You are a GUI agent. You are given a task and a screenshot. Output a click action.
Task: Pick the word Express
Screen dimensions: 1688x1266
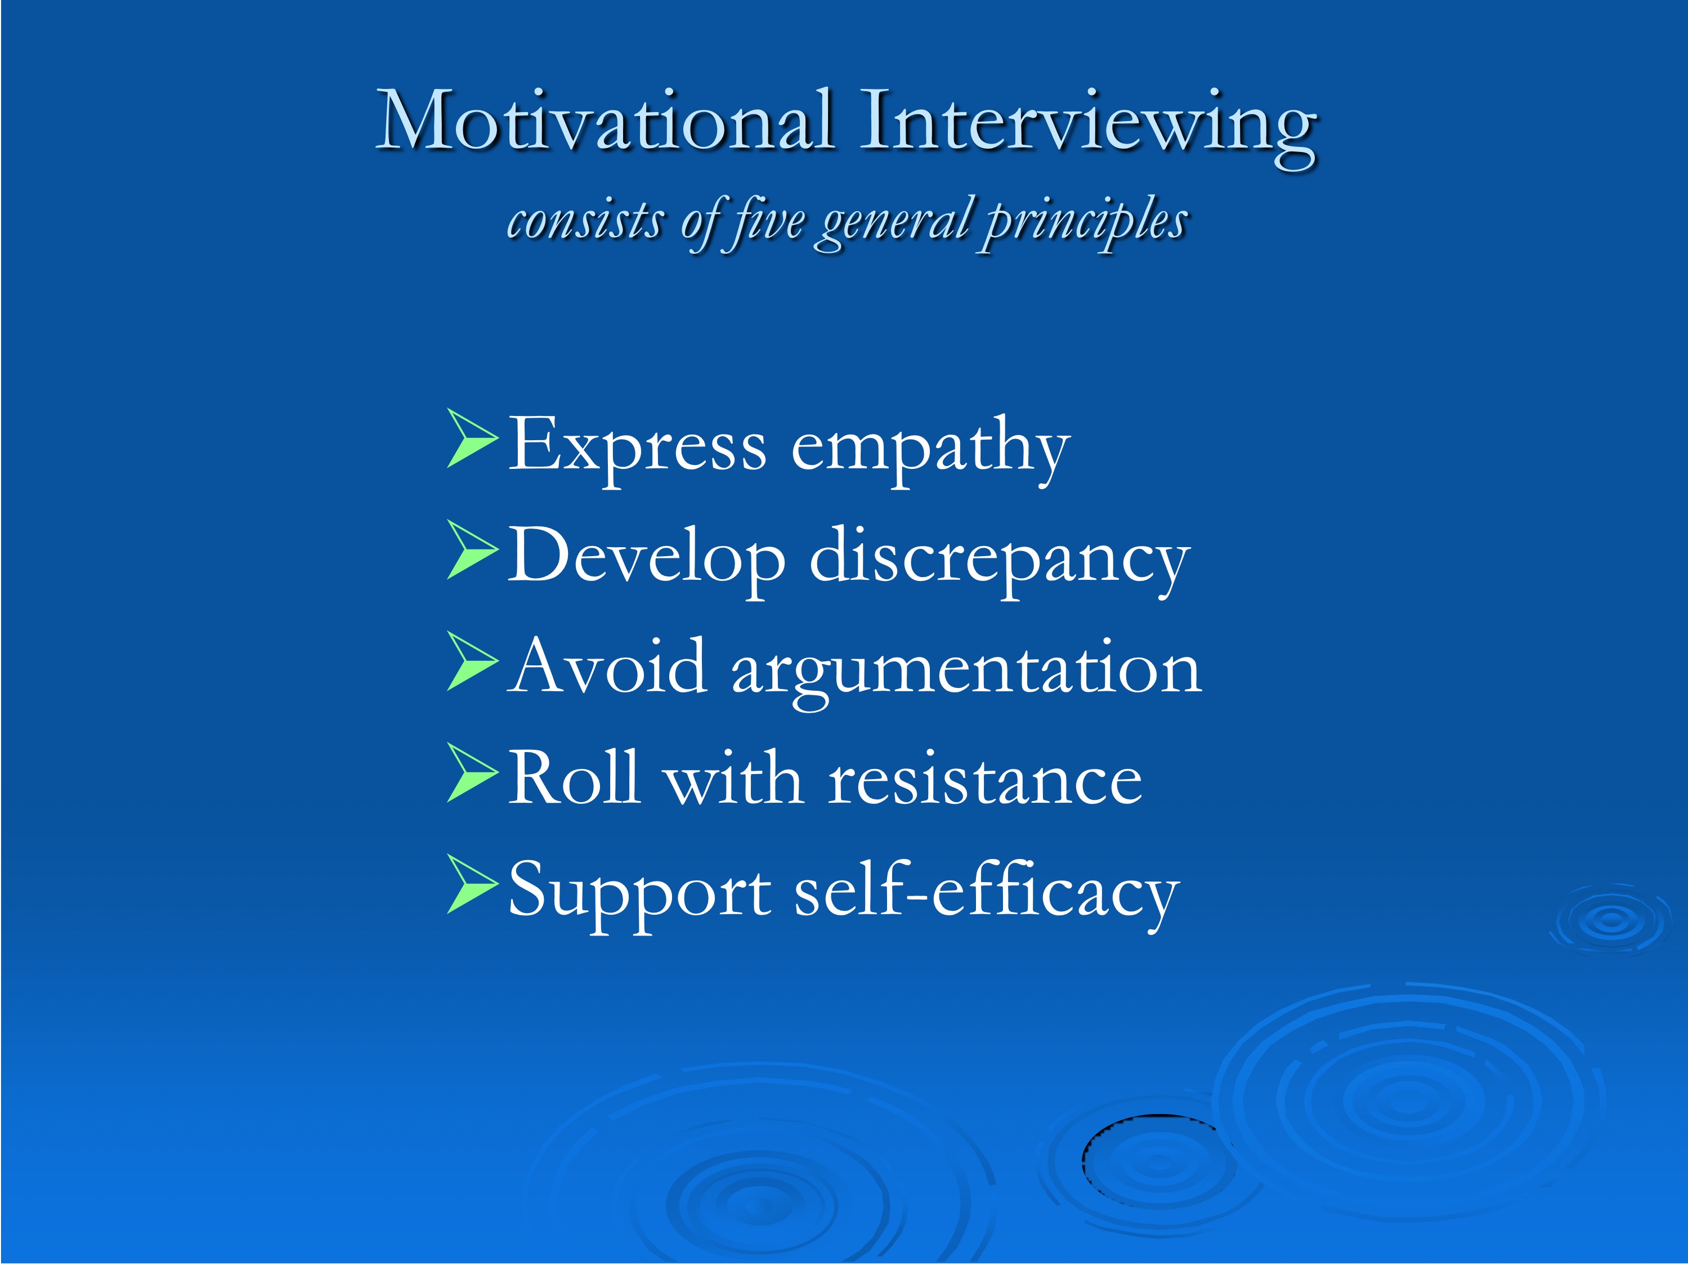pos(637,447)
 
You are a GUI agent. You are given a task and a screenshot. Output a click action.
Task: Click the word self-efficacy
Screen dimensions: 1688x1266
pos(987,893)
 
